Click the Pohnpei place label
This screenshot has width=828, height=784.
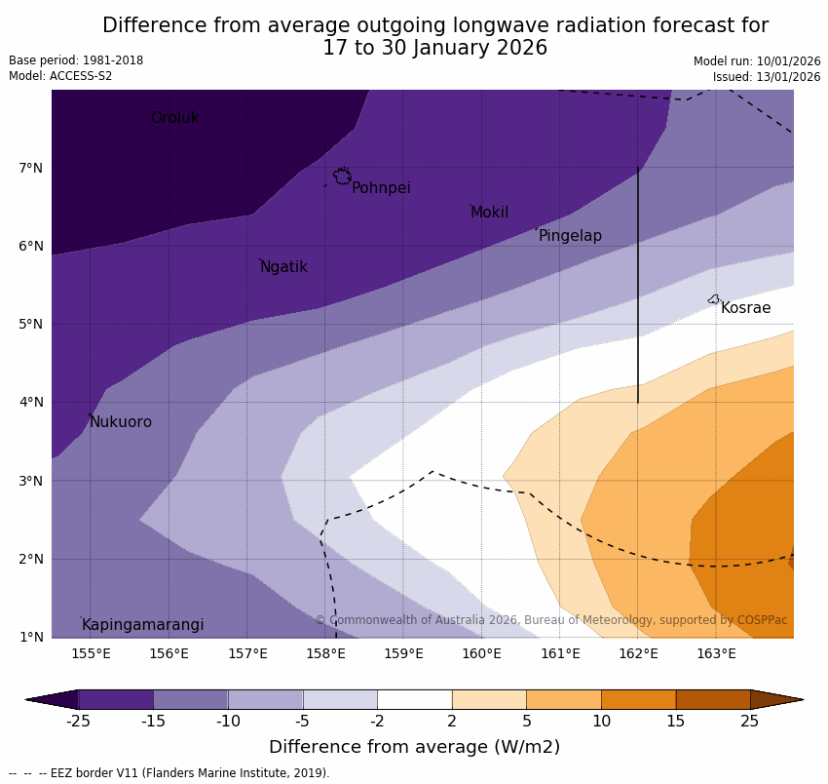click(381, 188)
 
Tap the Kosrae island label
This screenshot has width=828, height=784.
click(745, 308)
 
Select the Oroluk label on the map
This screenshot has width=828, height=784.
click(174, 118)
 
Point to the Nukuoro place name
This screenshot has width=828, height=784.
click(121, 422)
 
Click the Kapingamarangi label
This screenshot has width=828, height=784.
click(142, 625)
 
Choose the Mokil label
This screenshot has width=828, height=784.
click(489, 213)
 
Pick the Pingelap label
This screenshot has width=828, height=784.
click(570, 236)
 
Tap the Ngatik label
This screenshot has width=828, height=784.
click(283, 267)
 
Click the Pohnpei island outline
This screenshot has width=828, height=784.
click(342, 176)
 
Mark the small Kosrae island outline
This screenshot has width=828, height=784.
click(714, 299)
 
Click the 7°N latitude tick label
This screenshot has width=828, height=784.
click(31, 168)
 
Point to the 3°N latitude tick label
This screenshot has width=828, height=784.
click(31, 481)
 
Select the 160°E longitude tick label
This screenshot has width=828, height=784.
click(481, 653)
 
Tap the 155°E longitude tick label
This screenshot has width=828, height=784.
click(91, 653)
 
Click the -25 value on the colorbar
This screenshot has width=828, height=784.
click(78, 722)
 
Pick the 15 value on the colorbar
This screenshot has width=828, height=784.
click(676, 722)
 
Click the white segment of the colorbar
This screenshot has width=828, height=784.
click(414, 699)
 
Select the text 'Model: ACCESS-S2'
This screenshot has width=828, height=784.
click(60, 76)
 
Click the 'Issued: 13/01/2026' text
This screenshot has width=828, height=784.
click(767, 77)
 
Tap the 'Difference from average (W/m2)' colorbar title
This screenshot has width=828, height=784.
click(414, 748)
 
